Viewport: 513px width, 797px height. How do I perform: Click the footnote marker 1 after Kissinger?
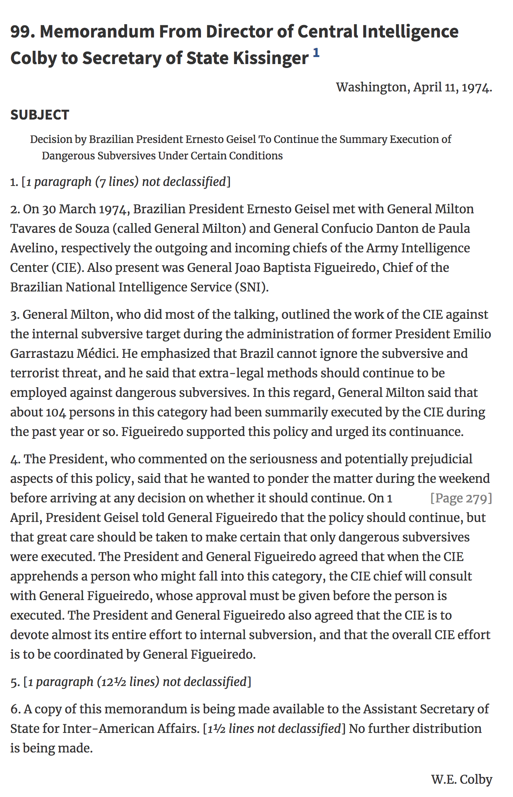pos(316,53)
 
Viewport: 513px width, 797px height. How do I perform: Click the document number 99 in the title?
pos(20,32)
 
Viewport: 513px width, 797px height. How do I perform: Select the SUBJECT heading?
pos(39,115)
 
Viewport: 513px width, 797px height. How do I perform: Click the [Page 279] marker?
pos(461,498)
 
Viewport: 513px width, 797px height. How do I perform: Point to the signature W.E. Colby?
pos(461,779)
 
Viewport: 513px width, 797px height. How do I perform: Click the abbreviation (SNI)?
pos(252,287)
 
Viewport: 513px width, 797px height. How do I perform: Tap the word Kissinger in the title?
pos(271,58)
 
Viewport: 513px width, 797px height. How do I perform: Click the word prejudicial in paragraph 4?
pos(441,459)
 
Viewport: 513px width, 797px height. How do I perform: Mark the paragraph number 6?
pos(14,709)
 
